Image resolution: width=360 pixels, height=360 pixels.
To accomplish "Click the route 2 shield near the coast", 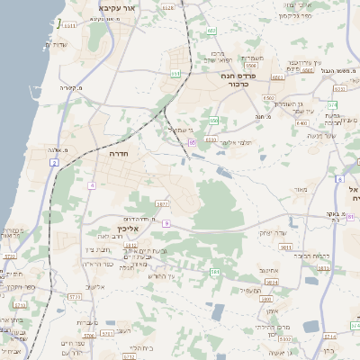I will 54,163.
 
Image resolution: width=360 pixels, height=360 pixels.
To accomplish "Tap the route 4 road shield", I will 92,185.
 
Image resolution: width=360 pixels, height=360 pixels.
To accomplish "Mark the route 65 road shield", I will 192,142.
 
